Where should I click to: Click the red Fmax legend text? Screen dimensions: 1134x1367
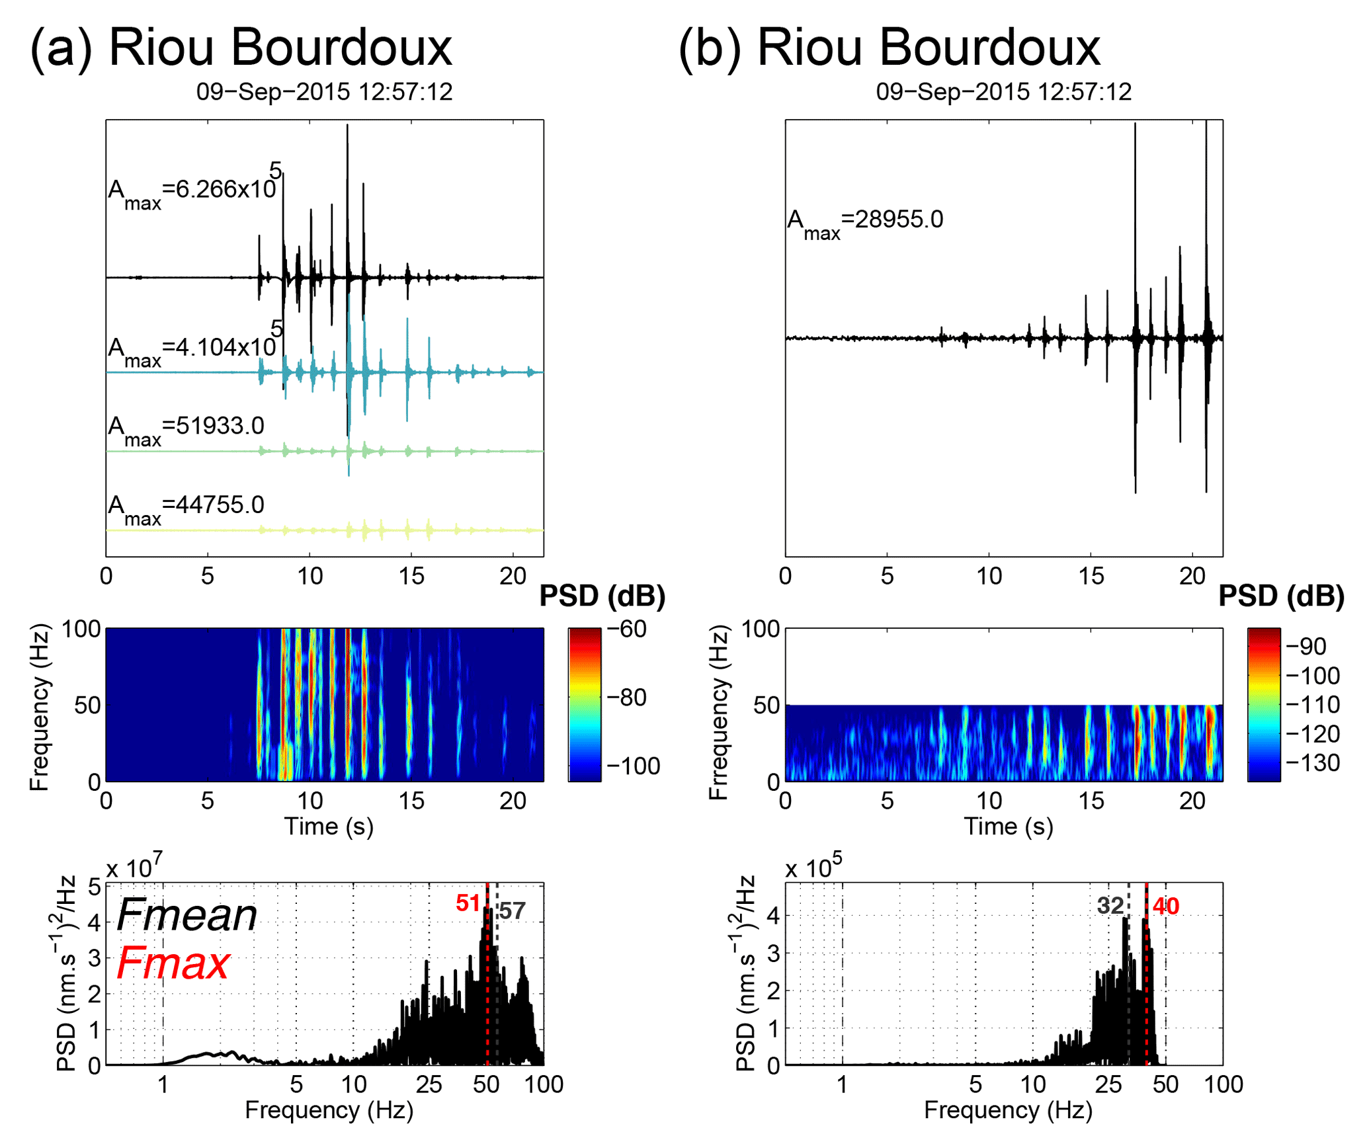pos(173,963)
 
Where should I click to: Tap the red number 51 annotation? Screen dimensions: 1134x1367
pos(468,903)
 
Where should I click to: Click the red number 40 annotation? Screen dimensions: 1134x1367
pos(1165,906)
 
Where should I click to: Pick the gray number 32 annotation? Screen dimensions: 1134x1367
pos(1110,905)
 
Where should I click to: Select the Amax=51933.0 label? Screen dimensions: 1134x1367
pos(186,428)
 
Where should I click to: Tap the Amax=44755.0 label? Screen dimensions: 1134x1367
pos(186,508)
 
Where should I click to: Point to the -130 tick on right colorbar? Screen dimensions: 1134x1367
pos(1313,762)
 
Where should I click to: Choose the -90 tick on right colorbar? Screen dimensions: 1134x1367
pos(1305,646)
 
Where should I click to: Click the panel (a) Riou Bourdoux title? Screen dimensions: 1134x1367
pos(241,48)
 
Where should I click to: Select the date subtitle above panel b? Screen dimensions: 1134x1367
pos(1003,91)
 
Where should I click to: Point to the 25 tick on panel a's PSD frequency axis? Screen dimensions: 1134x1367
pos(429,1084)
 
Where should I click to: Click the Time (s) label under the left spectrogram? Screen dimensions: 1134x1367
pos(329,826)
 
